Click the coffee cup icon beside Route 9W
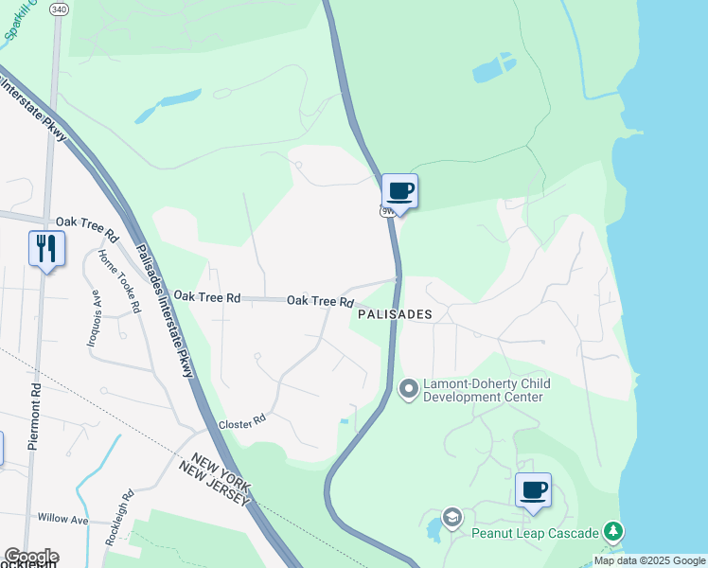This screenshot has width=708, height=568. pyautogui.click(x=399, y=191)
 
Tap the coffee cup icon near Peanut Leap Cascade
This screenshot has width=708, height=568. pyautogui.click(x=533, y=490)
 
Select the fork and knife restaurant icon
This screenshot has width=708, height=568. pyautogui.click(x=46, y=249)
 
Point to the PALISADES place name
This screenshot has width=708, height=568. pyautogui.click(x=395, y=314)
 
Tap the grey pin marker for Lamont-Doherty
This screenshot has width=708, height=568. pyautogui.click(x=409, y=389)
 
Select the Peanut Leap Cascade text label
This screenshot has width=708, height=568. pyautogui.click(x=536, y=532)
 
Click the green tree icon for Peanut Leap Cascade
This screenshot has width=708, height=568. pyautogui.click(x=614, y=531)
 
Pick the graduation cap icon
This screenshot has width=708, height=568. pyautogui.click(x=452, y=517)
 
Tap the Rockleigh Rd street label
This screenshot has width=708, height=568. pyautogui.click(x=116, y=512)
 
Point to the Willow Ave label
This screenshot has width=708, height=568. pyautogui.click(x=62, y=519)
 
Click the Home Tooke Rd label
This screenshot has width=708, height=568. pyautogui.click(x=119, y=281)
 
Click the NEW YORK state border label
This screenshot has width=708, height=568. pyautogui.click(x=217, y=465)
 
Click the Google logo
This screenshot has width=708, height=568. pyautogui.click(x=30, y=557)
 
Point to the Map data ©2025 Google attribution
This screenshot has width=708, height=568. pyautogui.click(x=649, y=560)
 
